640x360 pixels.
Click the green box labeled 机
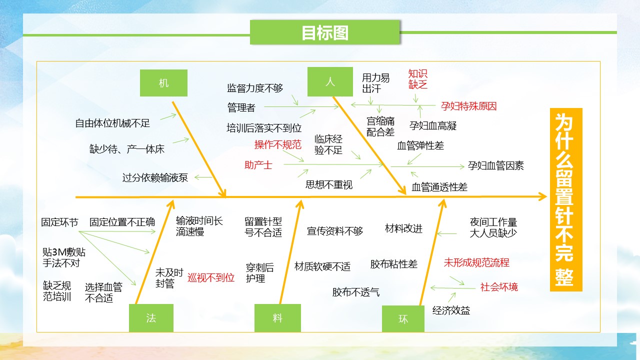pyautogui.click(x=163, y=83)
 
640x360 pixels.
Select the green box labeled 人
pyautogui.click(x=330, y=81)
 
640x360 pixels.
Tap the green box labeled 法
pyautogui.click(x=151, y=318)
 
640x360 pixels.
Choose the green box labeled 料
pyautogui.click(x=277, y=318)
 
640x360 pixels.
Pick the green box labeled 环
pyautogui.click(x=403, y=319)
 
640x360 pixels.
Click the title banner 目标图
pyautogui.click(x=325, y=32)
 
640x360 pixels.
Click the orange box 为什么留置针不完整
pyautogui.click(x=566, y=199)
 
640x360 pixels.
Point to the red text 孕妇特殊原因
pyautogui.click(x=468, y=106)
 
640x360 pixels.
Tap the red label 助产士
pyautogui.click(x=258, y=165)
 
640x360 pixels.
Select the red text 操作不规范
pyautogui.click(x=277, y=144)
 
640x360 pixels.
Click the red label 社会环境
pyautogui.click(x=499, y=287)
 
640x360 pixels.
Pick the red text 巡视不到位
pyautogui.click(x=211, y=277)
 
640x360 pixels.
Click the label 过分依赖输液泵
pyautogui.click(x=155, y=177)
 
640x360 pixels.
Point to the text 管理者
pyautogui.click(x=241, y=107)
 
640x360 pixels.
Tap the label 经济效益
pyautogui.click(x=451, y=310)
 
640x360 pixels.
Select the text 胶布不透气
pyautogui.click(x=355, y=292)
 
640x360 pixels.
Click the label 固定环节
pyautogui.click(x=59, y=222)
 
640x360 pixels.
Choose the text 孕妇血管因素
pyautogui.click(x=495, y=165)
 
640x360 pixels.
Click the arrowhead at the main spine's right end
pyautogui.click(x=546, y=196)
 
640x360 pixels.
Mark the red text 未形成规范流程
pyautogui.click(x=476, y=262)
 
